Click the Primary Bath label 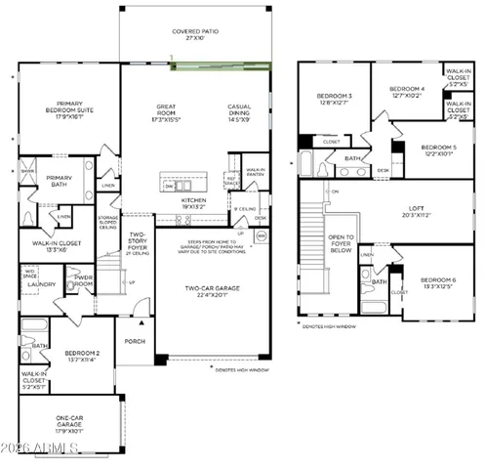pyautogui.click(x=47, y=179)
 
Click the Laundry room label pyautogui.click(x=40, y=285)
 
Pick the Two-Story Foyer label pyautogui.click(x=137, y=240)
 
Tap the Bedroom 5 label pyautogui.click(x=439, y=149)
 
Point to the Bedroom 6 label pyautogui.click(x=438, y=282)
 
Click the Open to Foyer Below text pyautogui.click(x=341, y=243)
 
